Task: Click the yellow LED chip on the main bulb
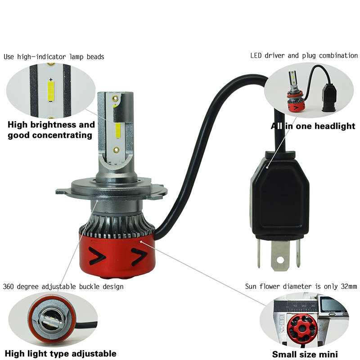(x=118, y=131)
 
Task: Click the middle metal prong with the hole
(x=280, y=255)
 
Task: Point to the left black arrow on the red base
(x=97, y=255)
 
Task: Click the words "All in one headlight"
(x=313, y=126)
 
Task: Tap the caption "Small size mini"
(x=305, y=354)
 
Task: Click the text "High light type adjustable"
(x=61, y=353)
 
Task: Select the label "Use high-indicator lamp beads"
(x=54, y=57)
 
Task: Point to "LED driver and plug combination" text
(x=304, y=55)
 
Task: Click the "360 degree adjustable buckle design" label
(x=63, y=287)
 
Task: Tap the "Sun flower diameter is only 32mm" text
(x=301, y=286)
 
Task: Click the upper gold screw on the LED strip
(x=115, y=99)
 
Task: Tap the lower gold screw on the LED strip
(x=117, y=150)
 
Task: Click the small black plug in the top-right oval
(x=329, y=97)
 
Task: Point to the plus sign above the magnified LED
(x=51, y=80)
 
